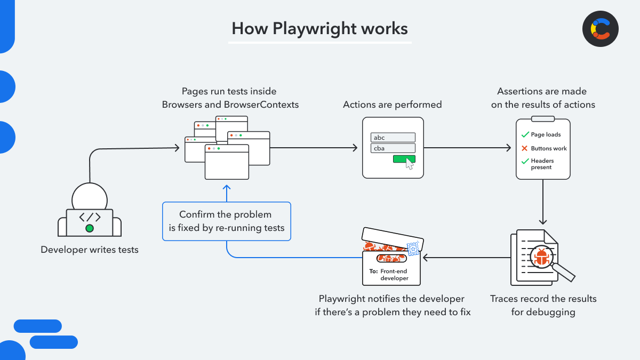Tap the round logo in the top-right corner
click(600, 29)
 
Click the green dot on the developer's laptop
click(90, 228)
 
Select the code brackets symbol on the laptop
click(90, 217)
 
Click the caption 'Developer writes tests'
click(90, 249)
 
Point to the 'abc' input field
click(393, 138)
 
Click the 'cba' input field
click(393, 148)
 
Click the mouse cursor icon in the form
click(410, 164)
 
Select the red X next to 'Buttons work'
click(525, 148)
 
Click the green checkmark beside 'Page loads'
click(525, 135)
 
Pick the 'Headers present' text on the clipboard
click(542, 164)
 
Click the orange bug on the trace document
click(541, 257)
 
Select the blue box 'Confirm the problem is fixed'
click(227, 221)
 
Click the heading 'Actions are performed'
click(392, 105)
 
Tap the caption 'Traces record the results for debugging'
click(543, 305)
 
